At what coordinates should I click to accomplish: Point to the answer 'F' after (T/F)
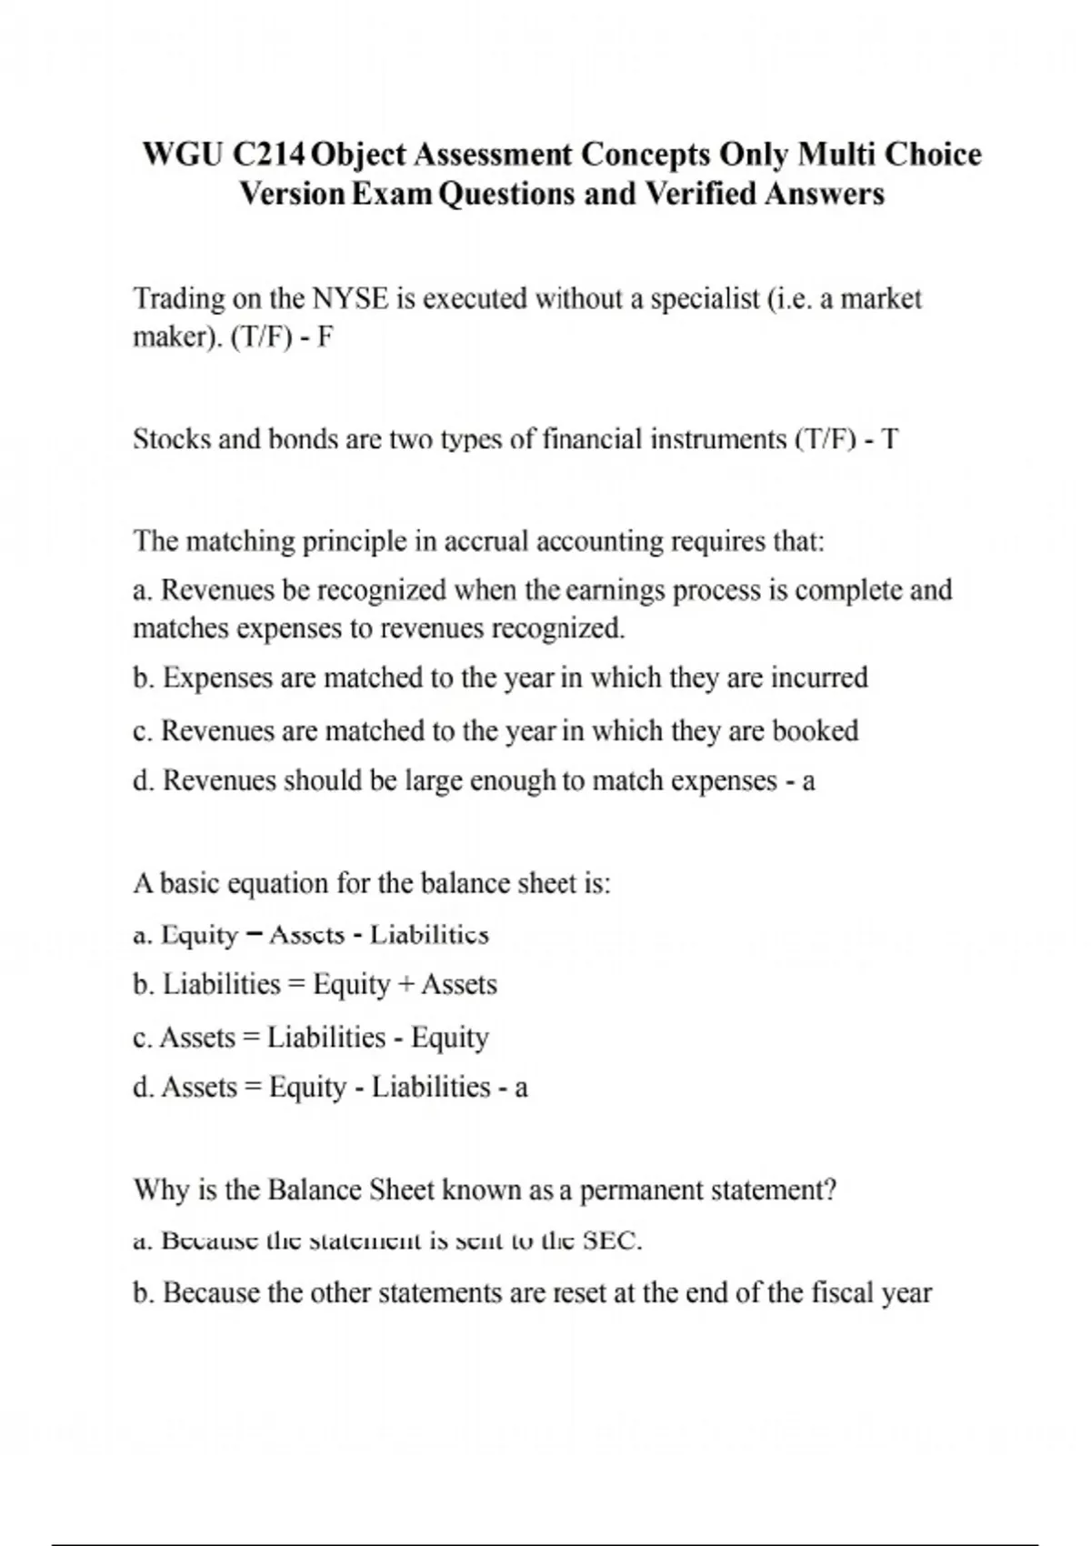pos(326,337)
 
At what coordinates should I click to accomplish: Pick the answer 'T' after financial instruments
pos(890,440)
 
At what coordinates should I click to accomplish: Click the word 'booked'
pos(815,730)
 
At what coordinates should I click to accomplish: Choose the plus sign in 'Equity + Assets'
pos(405,985)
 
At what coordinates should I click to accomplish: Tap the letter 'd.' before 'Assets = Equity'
pos(143,1088)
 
